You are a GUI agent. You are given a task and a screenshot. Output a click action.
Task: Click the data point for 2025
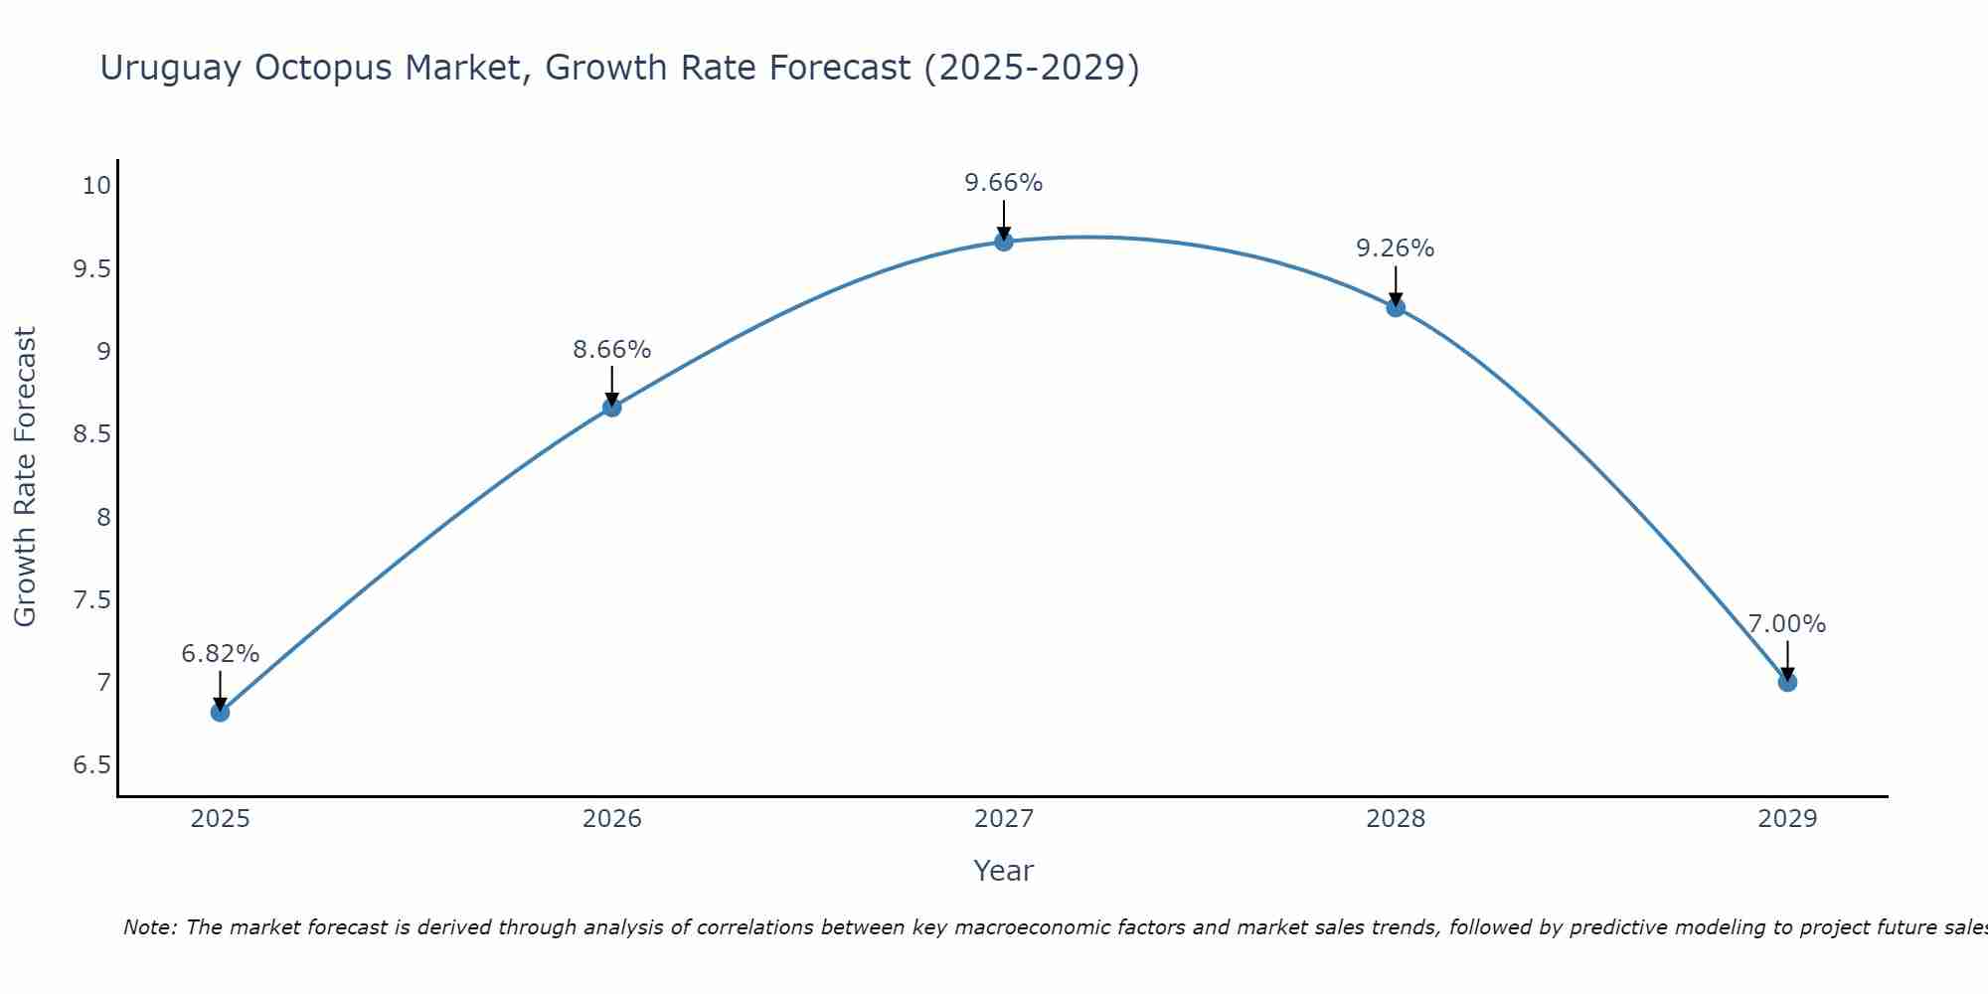pos(220,712)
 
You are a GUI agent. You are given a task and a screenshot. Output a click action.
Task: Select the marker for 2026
pos(611,407)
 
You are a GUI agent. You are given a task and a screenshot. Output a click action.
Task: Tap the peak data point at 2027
pos(1003,242)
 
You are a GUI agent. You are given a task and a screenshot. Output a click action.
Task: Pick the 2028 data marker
pos(1396,307)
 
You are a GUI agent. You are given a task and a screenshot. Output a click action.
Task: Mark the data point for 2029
pos(1787,682)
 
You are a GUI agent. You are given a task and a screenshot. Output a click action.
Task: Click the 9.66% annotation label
pos(1003,183)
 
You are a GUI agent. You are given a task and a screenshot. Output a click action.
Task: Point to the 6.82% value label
pos(220,654)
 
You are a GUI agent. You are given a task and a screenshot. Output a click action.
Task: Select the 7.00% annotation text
pos(1787,624)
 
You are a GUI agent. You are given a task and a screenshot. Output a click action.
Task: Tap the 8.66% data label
pos(611,350)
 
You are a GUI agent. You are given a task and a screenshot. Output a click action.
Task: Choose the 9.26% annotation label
pos(1396,248)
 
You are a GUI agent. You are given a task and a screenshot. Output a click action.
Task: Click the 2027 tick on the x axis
pos(1003,819)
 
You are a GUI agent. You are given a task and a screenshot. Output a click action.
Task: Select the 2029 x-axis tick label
pos(1787,819)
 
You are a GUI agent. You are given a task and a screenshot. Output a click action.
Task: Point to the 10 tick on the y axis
pos(96,186)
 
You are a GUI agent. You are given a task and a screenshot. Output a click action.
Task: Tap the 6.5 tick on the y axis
pos(91,765)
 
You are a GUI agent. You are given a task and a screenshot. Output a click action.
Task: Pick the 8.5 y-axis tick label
pos(91,434)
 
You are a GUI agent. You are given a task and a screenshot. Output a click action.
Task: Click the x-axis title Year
pos(1003,871)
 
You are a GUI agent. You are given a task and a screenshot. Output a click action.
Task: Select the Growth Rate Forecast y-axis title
pos(25,477)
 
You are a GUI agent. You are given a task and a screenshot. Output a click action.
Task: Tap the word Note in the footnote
pos(148,927)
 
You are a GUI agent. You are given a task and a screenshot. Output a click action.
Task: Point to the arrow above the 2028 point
pos(1396,285)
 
